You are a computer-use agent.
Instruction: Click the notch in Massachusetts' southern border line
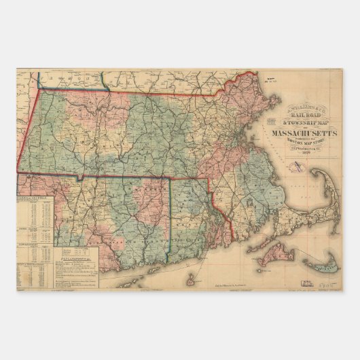pyautogui.click(x=80, y=179)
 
